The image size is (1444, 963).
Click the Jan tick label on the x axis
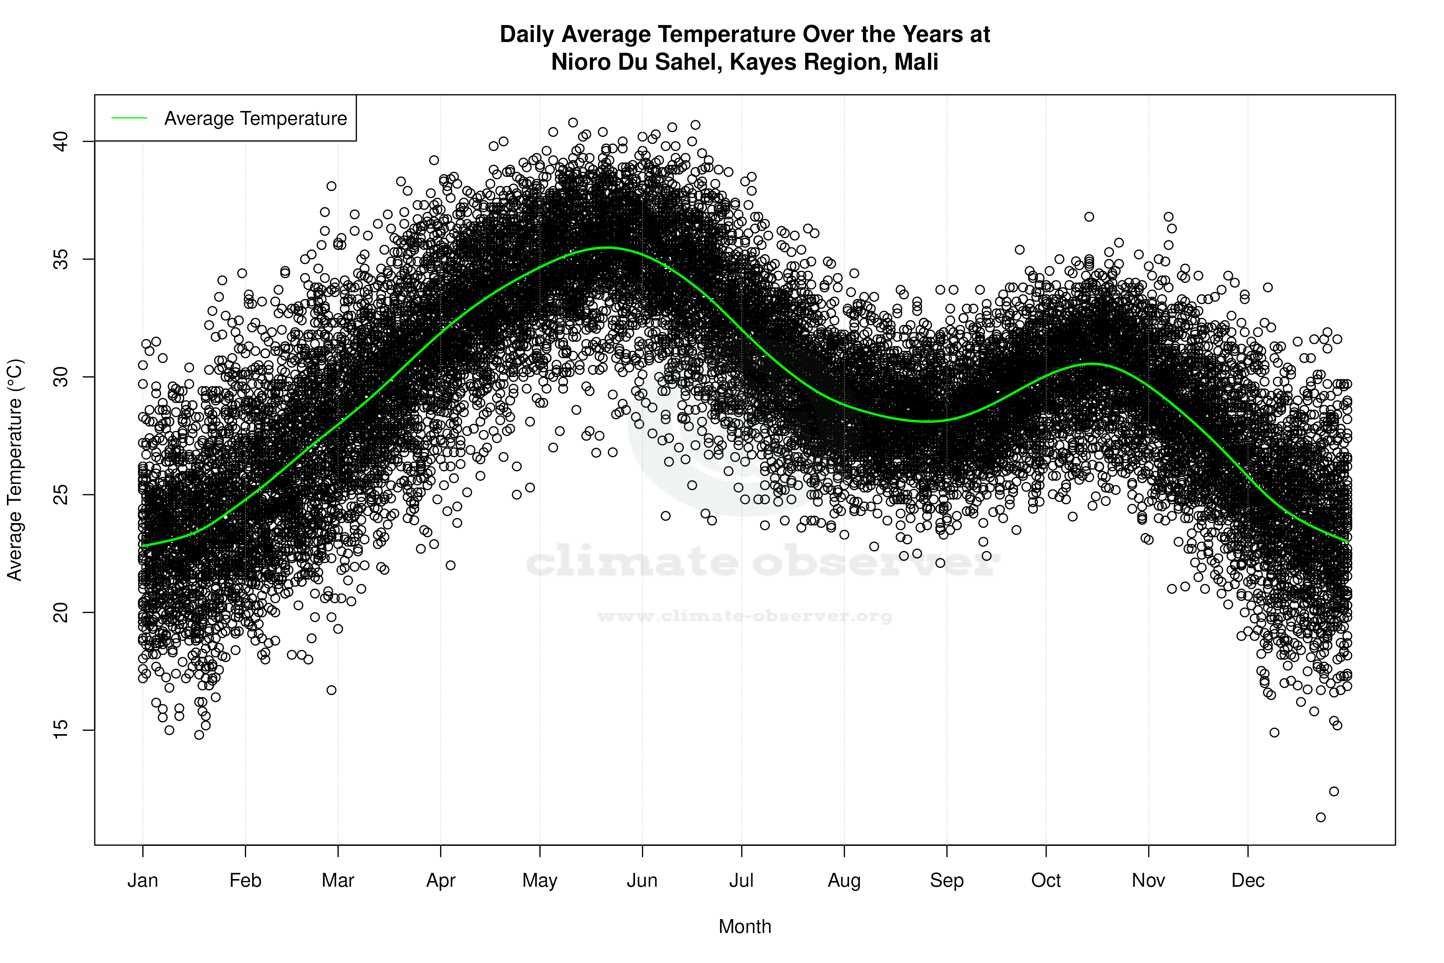click(x=142, y=881)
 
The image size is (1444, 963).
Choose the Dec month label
click(x=1248, y=881)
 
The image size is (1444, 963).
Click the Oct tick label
click(x=1045, y=881)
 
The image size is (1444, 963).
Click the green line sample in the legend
click(x=129, y=118)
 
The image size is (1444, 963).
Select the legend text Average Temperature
click(x=255, y=119)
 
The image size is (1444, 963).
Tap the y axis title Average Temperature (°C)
click(x=15, y=470)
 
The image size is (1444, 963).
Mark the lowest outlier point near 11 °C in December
click(x=1321, y=817)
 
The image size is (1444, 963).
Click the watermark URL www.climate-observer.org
click(x=745, y=616)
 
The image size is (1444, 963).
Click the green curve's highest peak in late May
click(x=606, y=248)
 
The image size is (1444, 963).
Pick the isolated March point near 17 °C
click(x=332, y=690)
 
